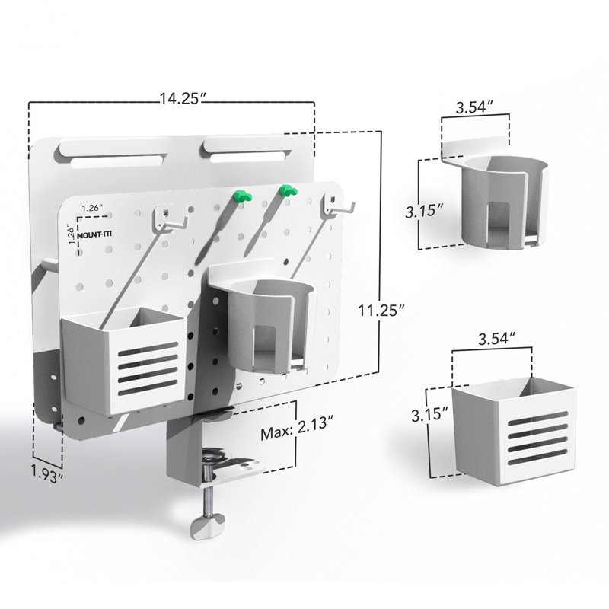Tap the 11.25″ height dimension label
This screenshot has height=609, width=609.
pyautogui.click(x=382, y=311)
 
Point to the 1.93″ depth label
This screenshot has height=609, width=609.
pyautogui.click(x=46, y=474)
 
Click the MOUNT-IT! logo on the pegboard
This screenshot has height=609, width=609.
pyautogui.click(x=94, y=234)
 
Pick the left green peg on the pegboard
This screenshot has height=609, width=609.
pyautogui.click(x=243, y=196)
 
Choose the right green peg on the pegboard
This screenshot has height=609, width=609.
pyautogui.click(x=288, y=190)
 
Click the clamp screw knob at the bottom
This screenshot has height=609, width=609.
pyautogui.click(x=207, y=525)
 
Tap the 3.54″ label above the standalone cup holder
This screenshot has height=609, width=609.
pyautogui.click(x=474, y=107)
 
